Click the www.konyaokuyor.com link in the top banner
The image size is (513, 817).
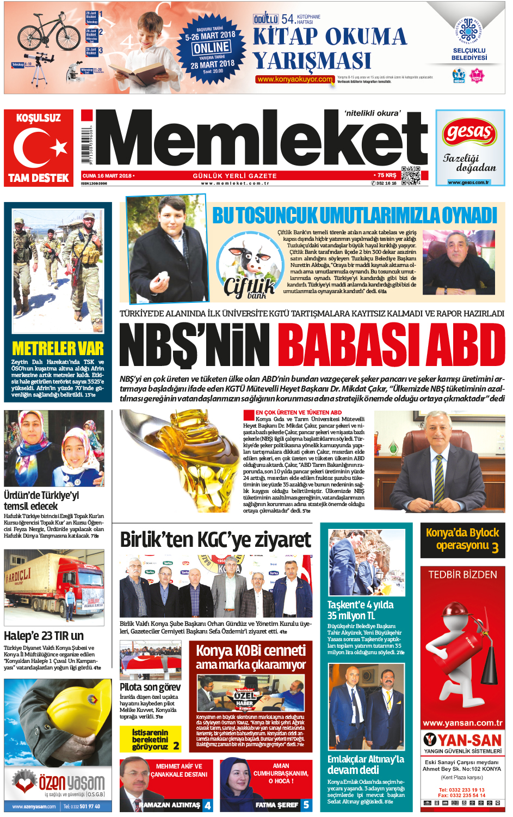coord(294,80)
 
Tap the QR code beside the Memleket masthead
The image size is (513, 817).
coord(411,176)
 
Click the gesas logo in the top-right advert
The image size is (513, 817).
coord(470,132)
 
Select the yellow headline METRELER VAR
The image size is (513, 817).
coord(58,349)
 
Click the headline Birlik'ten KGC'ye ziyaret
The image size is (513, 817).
coord(215,540)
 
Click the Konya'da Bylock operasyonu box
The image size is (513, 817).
coord(462,539)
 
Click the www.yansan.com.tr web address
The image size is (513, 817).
coord(462,723)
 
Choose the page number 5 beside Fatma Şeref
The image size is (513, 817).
coord(306,804)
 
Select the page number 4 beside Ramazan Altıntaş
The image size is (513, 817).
coord(207,804)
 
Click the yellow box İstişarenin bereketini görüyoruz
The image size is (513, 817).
coord(150,739)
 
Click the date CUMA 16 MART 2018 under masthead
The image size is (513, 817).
coord(108,176)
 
